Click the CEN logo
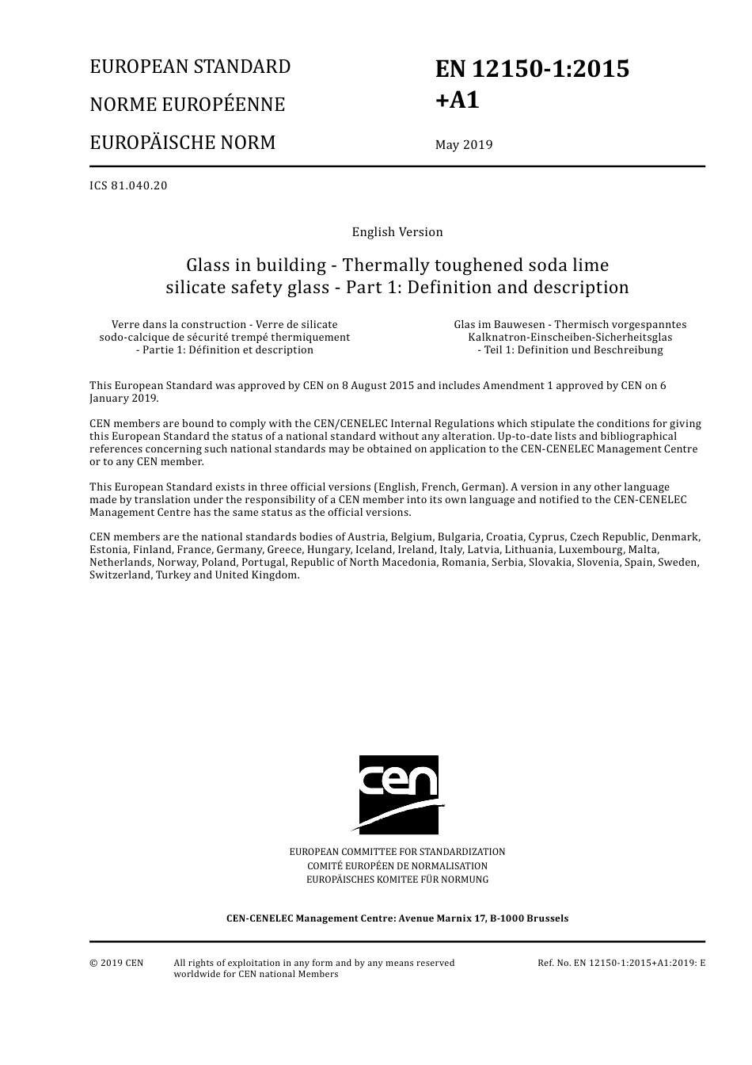pyautogui.click(x=398, y=794)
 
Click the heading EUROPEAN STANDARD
pyautogui.click(x=190, y=67)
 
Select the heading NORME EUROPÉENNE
pyautogui.click(x=187, y=105)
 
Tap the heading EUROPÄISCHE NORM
pyautogui.click(x=182, y=143)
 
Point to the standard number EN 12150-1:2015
pyautogui.click(x=532, y=69)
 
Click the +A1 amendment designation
pyautogui.click(x=458, y=101)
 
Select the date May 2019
pyautogui.click(x=463, y=144)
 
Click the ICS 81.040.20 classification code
pyautogui.click(x=128, y=186)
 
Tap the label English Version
pyautogui.click(x=397, y=232)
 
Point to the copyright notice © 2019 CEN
pyautogui.click(x=116, y=963)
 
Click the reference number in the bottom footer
pyautogui.click(x=621, y=963)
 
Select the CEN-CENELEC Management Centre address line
pyautogui.click(x=397, y=918)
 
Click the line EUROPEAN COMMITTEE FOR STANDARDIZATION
pyautogui.click(x=397, y=852)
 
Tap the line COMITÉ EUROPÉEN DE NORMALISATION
pyautogui.click(x=397, y=865)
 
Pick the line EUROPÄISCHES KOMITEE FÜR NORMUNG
pyautogui.click(x=397, y=879)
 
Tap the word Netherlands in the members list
pyautogui.click(x=120, y=562)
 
